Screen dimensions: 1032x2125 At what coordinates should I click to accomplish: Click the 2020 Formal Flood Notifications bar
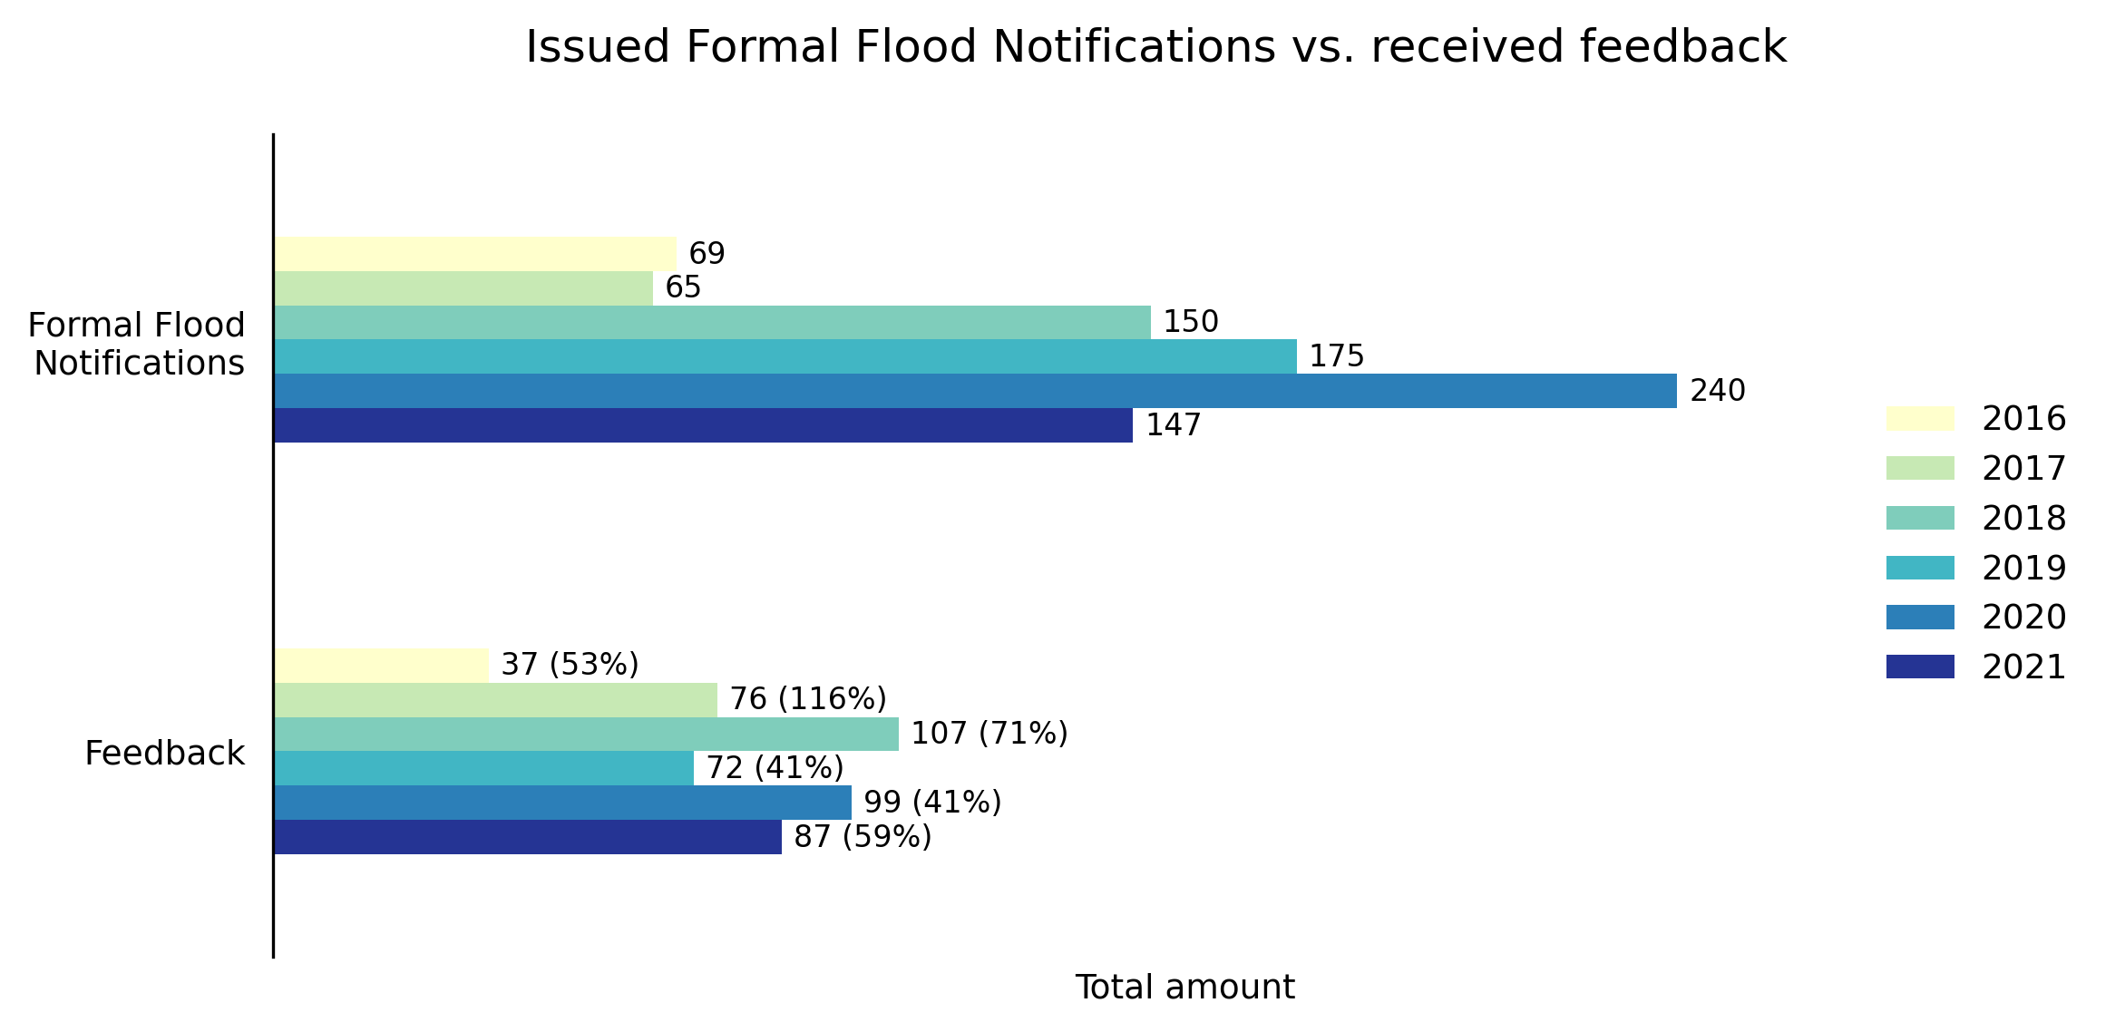pyautogui.click(x=975, y=391)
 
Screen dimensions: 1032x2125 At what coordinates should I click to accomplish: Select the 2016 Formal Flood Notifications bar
pyautogui.click(x=474, y=254)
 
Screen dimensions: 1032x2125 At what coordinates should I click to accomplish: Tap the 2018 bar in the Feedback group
pyautogui.click(x=586, y=734)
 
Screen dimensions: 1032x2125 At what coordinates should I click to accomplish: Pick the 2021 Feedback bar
pyautogui.click(x=527, y=837)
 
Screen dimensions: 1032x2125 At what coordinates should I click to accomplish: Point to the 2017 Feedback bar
pyautogui.click(x=495, y=699)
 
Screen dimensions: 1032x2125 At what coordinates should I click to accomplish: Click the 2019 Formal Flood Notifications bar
pyautogui.click(x=785, y=356)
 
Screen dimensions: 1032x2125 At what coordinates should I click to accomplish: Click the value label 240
pyautogui.click(x=1717, y=391)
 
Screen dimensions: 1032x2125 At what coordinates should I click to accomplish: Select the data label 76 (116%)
pyautogui.click(x=807, y=699)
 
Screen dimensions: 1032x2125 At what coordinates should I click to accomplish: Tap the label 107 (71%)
pyautogui.click(x=989, y=734)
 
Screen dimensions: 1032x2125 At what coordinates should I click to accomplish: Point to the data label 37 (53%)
pyautogui.click(x=570, y=665)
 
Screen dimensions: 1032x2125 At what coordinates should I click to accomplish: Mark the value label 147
pyautogui.click(x=1173, y=425)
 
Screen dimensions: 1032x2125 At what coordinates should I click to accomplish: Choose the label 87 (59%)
pyautogui.click(x=862, y=837)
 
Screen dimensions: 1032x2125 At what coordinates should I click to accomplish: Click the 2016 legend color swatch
pyautogui.click(x=1920, y=419)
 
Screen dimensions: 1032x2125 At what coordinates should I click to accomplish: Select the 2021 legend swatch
pyautogui.click(x=1920, y=667)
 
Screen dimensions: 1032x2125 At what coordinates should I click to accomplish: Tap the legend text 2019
pyautogui.click(x=2023, y=568)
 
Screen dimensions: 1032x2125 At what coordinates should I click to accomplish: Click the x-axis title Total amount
pyautogui.click(x=1184, y=988)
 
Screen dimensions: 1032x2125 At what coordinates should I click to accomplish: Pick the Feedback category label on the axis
pyautogui.click(x=164, y=754)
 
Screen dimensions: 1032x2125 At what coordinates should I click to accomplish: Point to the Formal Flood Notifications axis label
pyautogui.click(x=138, y=344)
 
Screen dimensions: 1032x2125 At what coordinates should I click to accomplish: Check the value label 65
pyautogui.click(x=683, y=287)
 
